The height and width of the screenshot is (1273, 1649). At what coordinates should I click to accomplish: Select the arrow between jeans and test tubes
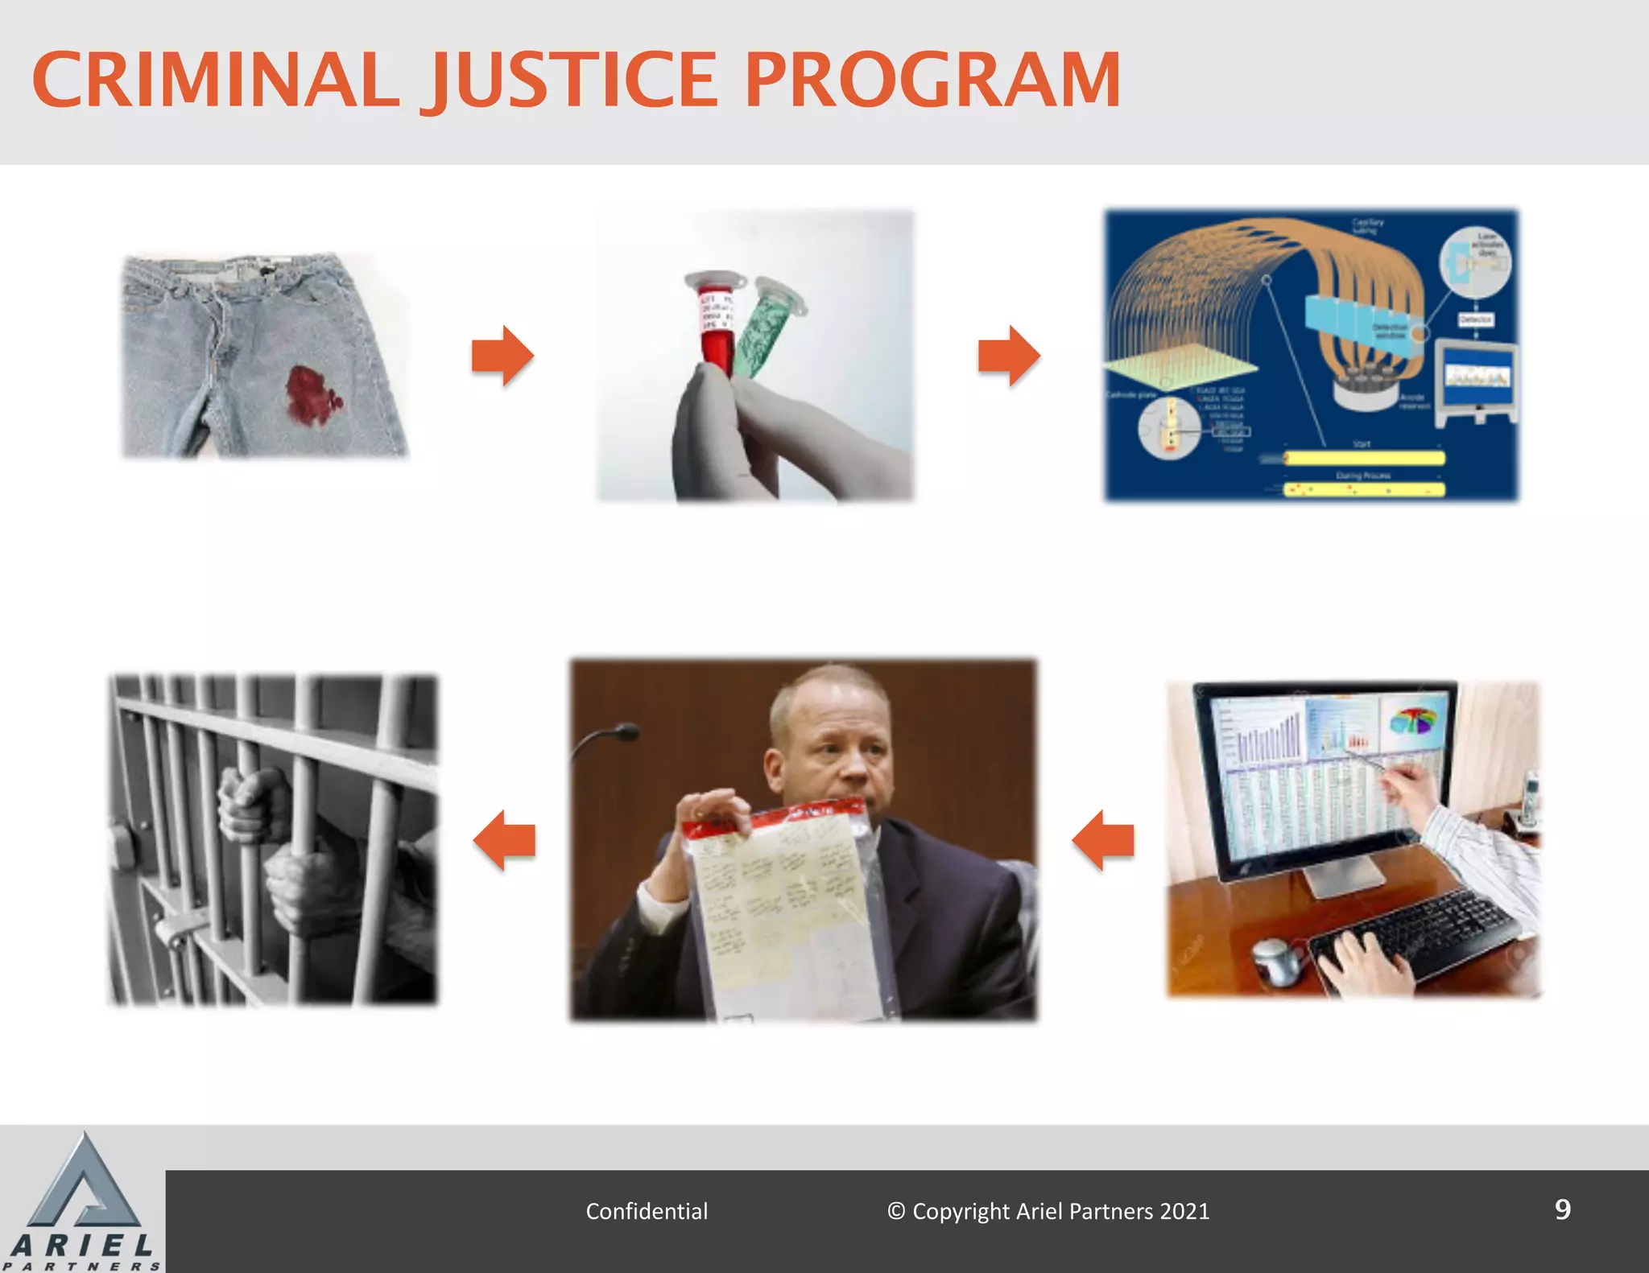pos(502,356)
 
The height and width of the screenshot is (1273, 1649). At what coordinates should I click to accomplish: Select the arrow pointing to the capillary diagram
pos(1009,356)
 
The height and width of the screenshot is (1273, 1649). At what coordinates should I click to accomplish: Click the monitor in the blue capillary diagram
pos(1477,378)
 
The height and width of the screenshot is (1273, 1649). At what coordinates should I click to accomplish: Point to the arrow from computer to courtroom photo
pos(1102,840)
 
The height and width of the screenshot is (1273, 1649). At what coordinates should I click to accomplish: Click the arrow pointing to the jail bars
pos(504,840)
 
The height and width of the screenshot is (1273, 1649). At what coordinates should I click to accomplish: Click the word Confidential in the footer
pos(647,1211)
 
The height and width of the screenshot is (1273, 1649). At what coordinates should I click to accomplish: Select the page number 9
pos(1562,1209)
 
